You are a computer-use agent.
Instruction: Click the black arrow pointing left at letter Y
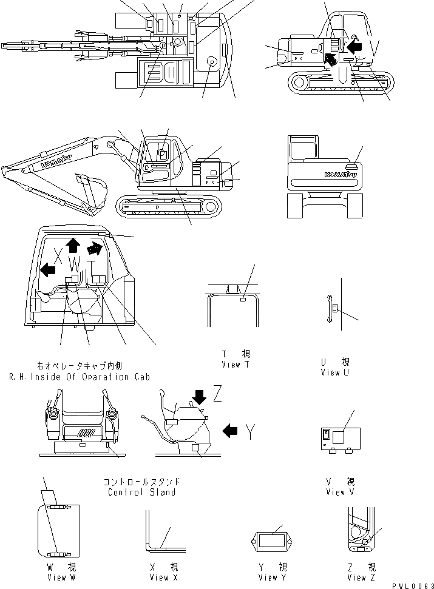pos(230,431)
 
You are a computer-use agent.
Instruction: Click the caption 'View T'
pos(231,364)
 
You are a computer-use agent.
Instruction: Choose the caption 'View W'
pos(55,577)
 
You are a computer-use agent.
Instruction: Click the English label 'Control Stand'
pos(141,492)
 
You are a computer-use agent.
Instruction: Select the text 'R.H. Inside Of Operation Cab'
pos(78,377)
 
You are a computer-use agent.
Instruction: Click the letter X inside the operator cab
pos(59,255)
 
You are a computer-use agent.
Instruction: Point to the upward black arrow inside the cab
pos(73,244)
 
